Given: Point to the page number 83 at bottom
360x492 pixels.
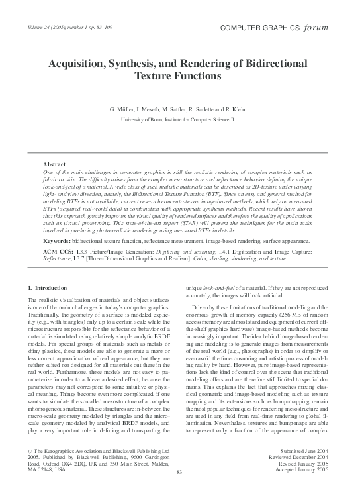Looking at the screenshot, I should (x=179, y=471).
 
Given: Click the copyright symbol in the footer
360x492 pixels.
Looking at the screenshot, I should (x=29, y=450).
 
